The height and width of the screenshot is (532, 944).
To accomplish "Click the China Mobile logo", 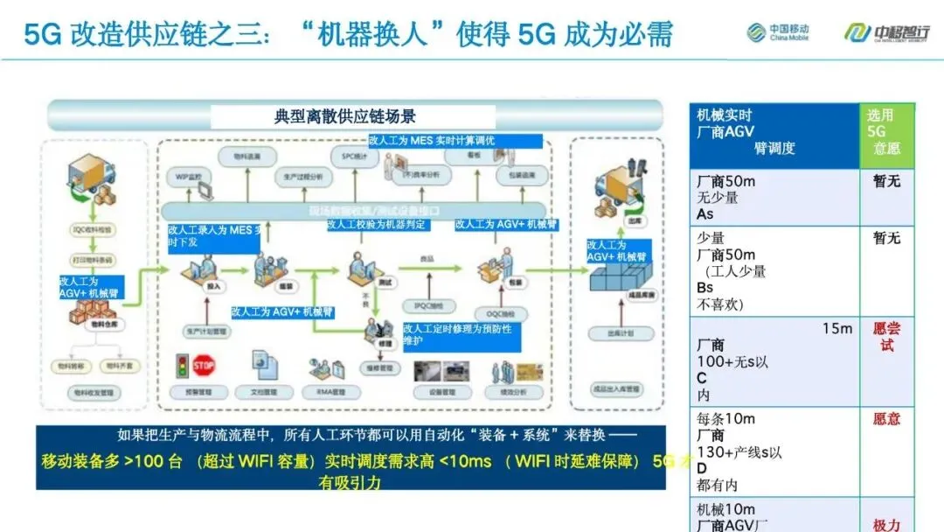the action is [x=777, y=33].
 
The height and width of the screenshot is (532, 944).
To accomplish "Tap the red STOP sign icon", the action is [x=204, y=365].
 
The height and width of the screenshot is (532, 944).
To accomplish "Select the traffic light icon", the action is [x=183, y=365].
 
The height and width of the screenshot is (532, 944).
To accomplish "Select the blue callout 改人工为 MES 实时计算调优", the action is [x=455, y=140].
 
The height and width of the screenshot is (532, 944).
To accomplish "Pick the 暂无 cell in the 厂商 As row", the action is [x=886, y=181].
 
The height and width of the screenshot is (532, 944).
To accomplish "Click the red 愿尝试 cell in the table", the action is [x=886, y=337].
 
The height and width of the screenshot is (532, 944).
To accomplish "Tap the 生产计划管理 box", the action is [x=206, y=332].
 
